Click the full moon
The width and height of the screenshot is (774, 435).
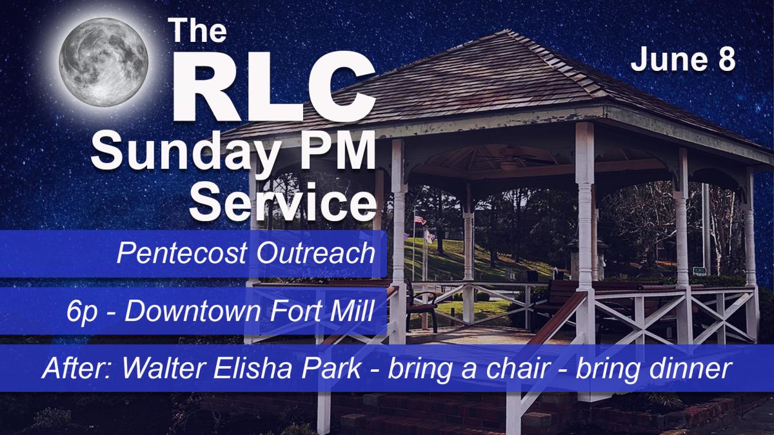point(104,62)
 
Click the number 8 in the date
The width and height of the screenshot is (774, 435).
point(726,60)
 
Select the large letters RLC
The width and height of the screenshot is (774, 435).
point(273,88)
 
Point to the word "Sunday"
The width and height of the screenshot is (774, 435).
point(184,153)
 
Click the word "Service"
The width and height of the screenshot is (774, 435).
point(283,202)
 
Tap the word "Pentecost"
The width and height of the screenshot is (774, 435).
point(182,253)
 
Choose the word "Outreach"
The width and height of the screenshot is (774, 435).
point(315,253)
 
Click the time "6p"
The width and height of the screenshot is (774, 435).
point(82,313)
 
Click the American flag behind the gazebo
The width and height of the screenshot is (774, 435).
point(419,220)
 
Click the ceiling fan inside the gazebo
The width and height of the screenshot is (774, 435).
point(510,160)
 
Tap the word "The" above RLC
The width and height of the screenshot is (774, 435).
point(197,30)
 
